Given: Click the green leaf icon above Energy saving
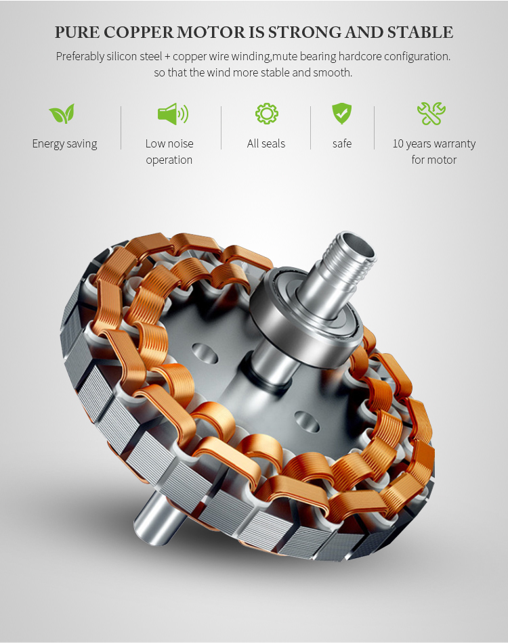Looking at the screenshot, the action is [62, 114].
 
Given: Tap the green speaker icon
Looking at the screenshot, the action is [173, 114].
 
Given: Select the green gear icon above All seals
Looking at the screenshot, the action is [267, 114].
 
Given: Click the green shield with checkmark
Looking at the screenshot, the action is [341, 114].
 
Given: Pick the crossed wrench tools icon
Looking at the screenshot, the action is [431, 114].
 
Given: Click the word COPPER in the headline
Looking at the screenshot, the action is [138, 32].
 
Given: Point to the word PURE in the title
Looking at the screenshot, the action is [77, 32].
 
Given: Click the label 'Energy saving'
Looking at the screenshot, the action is [64, 143].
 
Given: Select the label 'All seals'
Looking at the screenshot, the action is [266, 143].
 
